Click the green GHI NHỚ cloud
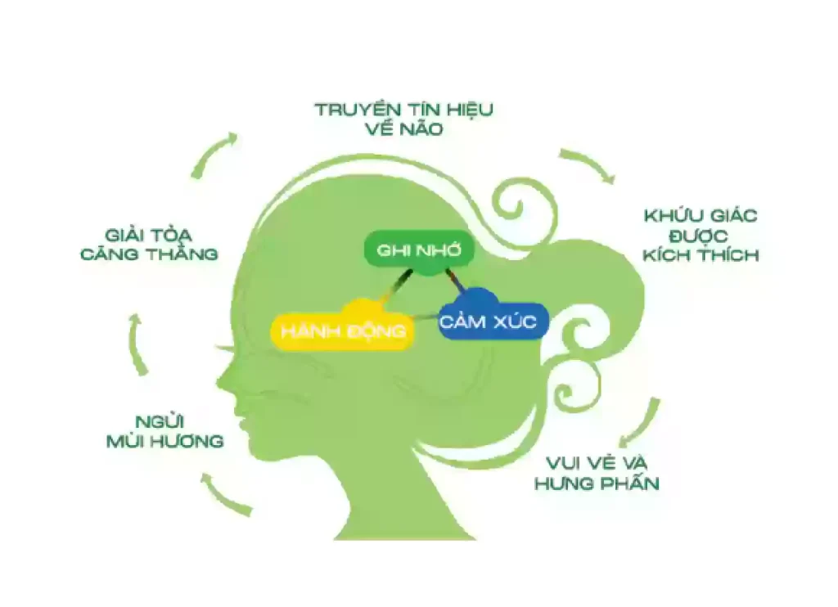click(x=419, y=251)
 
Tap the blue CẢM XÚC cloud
click(x=493, y=318)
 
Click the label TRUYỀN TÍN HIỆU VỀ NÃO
click(x=404, y=119)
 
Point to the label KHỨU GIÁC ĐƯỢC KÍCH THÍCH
click(x=701, y=235)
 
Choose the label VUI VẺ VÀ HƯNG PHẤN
click(x=597, y=473)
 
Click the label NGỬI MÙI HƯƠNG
click(x=164, y=432)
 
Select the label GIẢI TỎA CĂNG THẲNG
click(x=149, y=244)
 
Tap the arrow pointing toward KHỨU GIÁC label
click(x=591, y=162)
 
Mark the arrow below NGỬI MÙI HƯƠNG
click(x=223, y=496)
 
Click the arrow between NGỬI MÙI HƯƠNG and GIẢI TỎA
click(x=136, y=344)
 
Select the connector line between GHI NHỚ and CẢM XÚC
click(x=455, y=281)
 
